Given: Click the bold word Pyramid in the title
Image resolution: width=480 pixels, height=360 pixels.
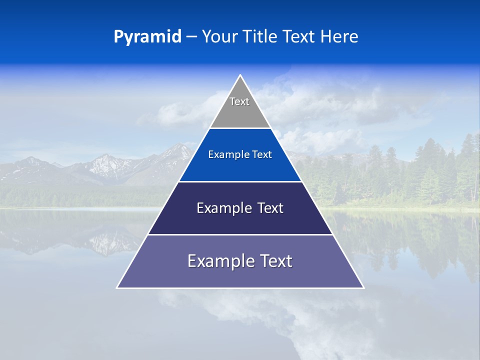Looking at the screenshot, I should click(x=147, y=37).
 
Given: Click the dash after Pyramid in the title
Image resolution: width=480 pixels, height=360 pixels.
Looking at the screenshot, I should click(x=191, y=37).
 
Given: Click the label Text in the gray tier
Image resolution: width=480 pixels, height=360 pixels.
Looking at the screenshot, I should click(x=239, y=101).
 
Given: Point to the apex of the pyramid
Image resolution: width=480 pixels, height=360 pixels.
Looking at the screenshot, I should click(x=240, y=75).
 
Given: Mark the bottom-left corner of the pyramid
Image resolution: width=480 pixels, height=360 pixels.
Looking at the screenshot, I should click(x=117, y=287).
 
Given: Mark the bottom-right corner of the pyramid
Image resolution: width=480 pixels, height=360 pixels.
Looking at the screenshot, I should click(x=363, y=287).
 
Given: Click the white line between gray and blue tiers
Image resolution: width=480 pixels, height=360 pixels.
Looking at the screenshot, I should click(x=240, y=128).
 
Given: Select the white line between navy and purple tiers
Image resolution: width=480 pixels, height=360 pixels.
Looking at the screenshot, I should click(x=240, y=234).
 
